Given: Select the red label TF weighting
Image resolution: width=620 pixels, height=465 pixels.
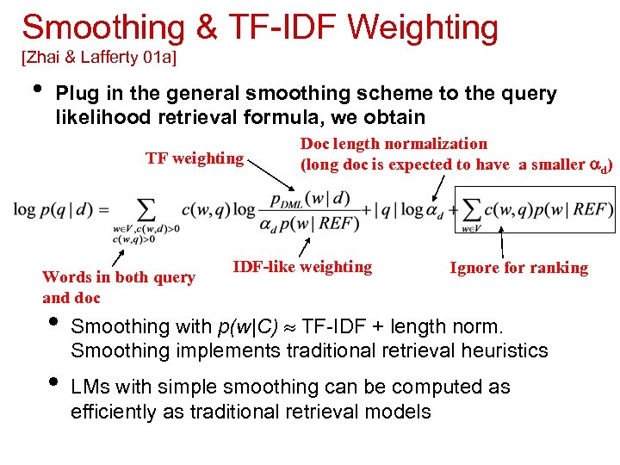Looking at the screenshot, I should (x=195, y=158).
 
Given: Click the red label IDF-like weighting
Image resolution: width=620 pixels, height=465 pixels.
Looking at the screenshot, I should (x=302, y=267).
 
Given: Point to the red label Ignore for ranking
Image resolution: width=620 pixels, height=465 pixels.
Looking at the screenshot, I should (x=518, y=268).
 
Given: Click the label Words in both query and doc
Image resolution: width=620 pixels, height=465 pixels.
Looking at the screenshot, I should (x=119, y=287).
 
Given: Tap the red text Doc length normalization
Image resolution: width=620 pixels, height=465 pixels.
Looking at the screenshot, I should (x=393, y=144).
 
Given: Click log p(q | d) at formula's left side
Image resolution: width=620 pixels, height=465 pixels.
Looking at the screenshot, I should (x=60, y=209).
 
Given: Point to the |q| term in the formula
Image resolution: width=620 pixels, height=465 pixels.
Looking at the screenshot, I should (x=383, y=209).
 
